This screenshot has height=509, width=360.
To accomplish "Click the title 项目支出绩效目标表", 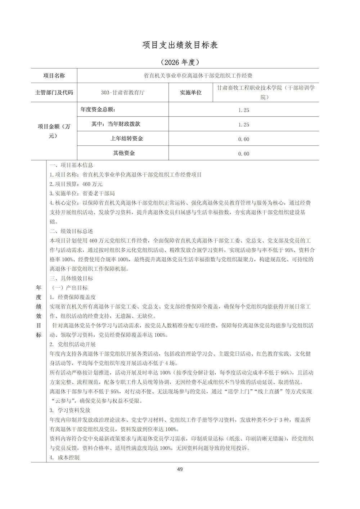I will pos(180,45).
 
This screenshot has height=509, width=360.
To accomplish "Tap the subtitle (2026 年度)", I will pos(180,62).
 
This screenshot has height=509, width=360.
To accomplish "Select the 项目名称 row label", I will pos(54,76).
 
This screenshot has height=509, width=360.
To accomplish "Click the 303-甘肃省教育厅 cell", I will pos(123,93).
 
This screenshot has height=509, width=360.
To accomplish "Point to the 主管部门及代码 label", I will pos(54,93).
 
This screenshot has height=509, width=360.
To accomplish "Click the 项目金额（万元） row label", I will pos(54,131).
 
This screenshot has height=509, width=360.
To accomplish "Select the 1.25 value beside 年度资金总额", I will pos(244,110).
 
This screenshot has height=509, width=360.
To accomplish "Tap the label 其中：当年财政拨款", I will pos(116,124).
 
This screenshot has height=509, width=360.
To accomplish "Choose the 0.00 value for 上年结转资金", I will pos(244,139).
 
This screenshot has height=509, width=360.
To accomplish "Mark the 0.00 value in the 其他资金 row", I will pos(244,154).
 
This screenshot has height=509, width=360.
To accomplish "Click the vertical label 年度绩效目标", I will pos(39,311).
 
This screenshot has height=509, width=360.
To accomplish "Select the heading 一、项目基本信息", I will pos(71,165).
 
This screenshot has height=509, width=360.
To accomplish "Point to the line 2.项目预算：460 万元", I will pos(71,184).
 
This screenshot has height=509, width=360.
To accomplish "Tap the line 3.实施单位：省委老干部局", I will pos(82,193).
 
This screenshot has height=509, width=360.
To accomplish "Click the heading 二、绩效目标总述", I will pos(71,231).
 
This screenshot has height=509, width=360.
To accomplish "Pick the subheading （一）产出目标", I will pos(68,288).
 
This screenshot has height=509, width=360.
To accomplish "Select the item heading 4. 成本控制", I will pos(65,458).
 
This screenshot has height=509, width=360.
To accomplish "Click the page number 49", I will pos(180,469).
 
